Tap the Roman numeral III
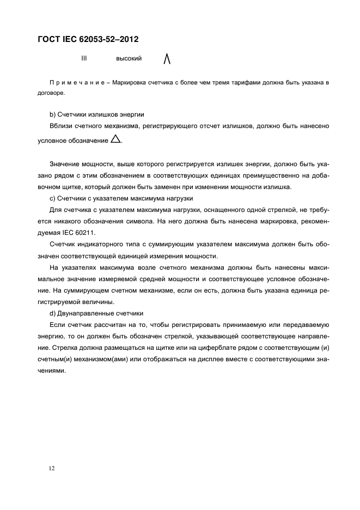[84, 58]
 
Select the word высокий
[129, 58]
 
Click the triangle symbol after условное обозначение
[115, 139]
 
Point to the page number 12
[51, 467]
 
